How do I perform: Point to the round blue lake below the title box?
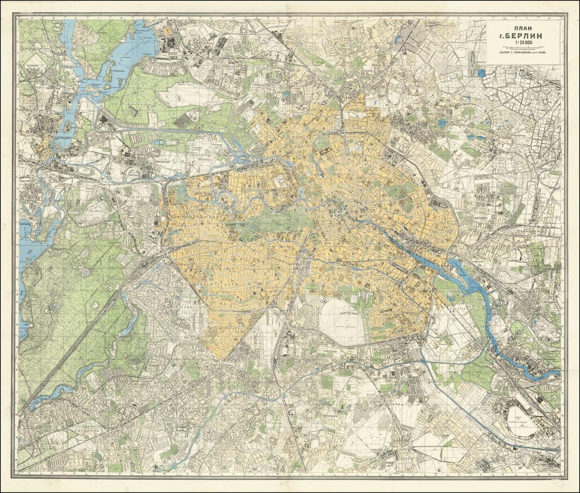pos(481,73)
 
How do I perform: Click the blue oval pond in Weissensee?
pos(441,123)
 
